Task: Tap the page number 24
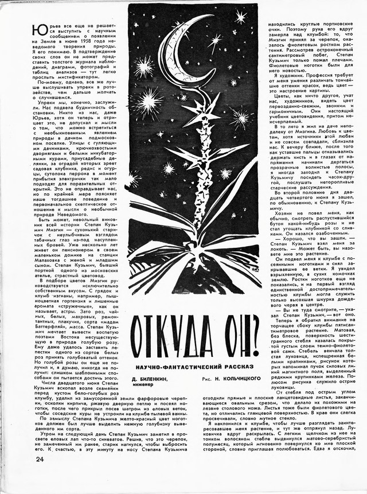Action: [24, 476]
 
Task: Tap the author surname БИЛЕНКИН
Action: [157, 379]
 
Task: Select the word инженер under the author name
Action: [142, 386]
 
